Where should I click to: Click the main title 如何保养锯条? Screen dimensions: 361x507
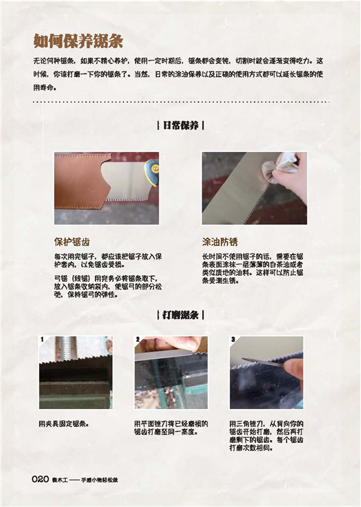pos(78,41)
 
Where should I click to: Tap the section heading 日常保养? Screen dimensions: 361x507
pos(180,126)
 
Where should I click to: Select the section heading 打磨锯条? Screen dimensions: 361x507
pos(180,315)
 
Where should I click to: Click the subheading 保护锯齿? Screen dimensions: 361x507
pos(72,241)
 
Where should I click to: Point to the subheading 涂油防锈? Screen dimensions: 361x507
pos(220,241)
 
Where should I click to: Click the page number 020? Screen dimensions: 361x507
pos(41,479)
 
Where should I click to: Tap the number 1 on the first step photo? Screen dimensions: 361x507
pos(42,339)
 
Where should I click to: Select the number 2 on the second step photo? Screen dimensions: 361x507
pos(138,339)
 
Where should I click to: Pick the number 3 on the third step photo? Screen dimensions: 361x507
pos(233,339)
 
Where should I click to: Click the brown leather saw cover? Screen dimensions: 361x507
pos(79,181)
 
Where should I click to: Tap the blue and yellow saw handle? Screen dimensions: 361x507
pos(153,172)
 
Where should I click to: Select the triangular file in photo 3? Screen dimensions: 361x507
pos(262,362)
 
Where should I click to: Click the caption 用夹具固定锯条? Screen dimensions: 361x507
pos(64,424)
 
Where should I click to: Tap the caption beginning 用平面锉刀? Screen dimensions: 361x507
pos(171,428)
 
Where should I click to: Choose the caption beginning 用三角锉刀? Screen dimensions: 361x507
pos(266,436)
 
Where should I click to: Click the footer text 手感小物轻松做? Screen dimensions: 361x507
pos(99,480)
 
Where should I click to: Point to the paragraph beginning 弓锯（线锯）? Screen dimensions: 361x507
pos(108,287)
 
